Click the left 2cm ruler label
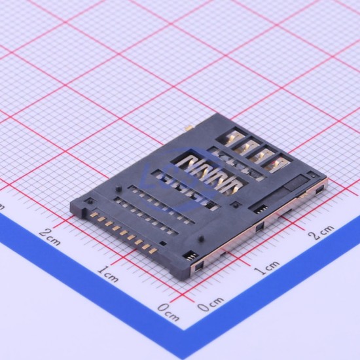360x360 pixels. click(x=49, y=237)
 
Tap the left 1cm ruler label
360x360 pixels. click(x=108, y=274)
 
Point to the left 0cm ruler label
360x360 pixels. click(x=168, y=312)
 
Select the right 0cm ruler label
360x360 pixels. click(x=210, y=304)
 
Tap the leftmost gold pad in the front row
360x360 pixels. click(x=94, y=215)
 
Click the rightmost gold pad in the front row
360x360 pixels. click(x=153, y=251)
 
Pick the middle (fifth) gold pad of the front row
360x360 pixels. click(x=124, y=232)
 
